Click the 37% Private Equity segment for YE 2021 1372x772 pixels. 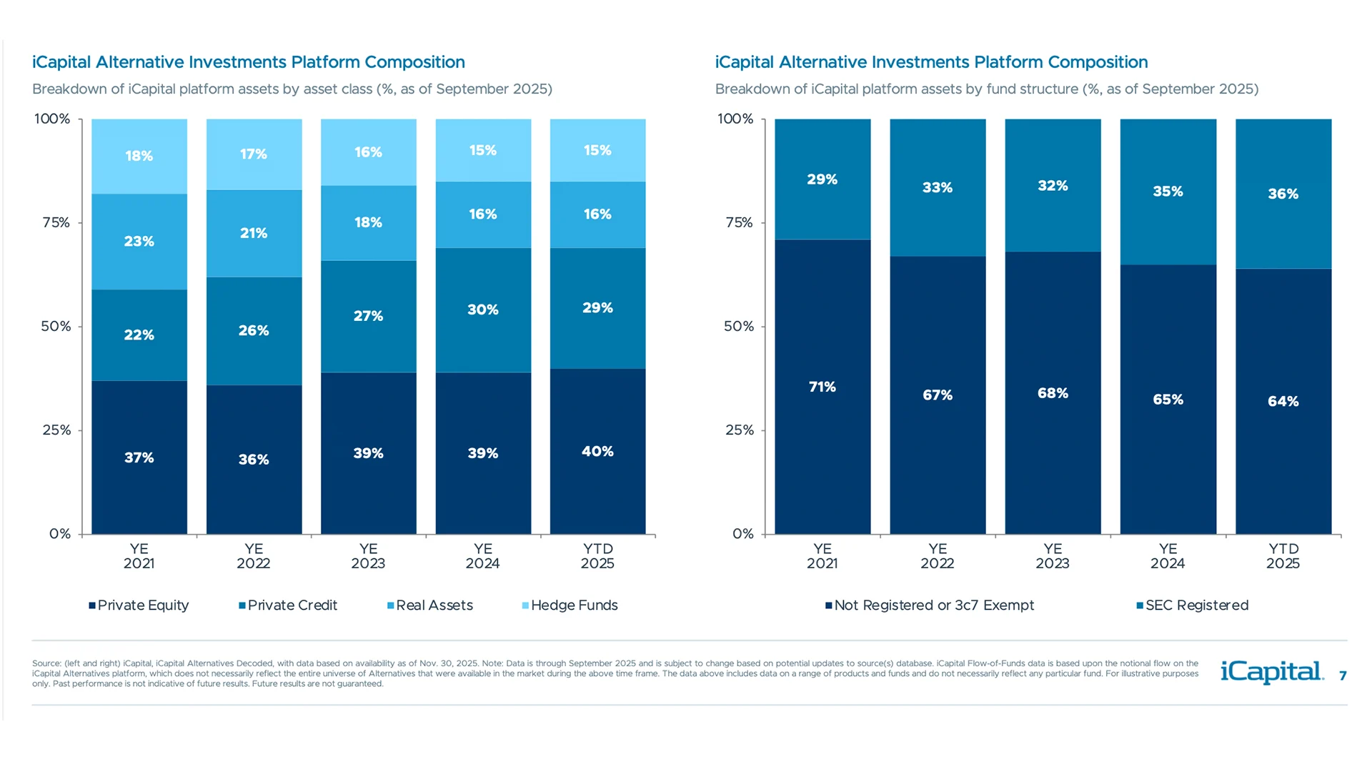tap(139, 457)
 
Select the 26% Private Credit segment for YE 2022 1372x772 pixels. tap(254, 331)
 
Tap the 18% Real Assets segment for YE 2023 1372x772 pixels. tap(368, 222)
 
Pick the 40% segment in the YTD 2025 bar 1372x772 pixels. tap(597, 451)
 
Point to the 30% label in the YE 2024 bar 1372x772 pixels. tap(483, 310)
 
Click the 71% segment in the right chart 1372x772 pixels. tap(822, 387)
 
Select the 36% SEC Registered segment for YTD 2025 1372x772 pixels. tap(1283, 194)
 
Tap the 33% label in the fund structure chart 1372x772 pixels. tap(938, 187)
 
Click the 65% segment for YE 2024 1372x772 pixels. tap(1168, 400)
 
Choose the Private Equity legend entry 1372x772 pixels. tap(139, 605)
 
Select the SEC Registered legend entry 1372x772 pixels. tap(1193, 605)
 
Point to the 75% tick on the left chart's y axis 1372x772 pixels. tap(56, 222)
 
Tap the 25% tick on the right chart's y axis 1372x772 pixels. tap(739, 430)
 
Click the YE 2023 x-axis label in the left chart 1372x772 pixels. tap(368, 556)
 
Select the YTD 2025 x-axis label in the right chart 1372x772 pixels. tap(1283, 556)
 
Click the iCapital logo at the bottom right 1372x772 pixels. tap(1271, 672)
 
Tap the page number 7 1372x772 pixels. tap(1343, 675)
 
